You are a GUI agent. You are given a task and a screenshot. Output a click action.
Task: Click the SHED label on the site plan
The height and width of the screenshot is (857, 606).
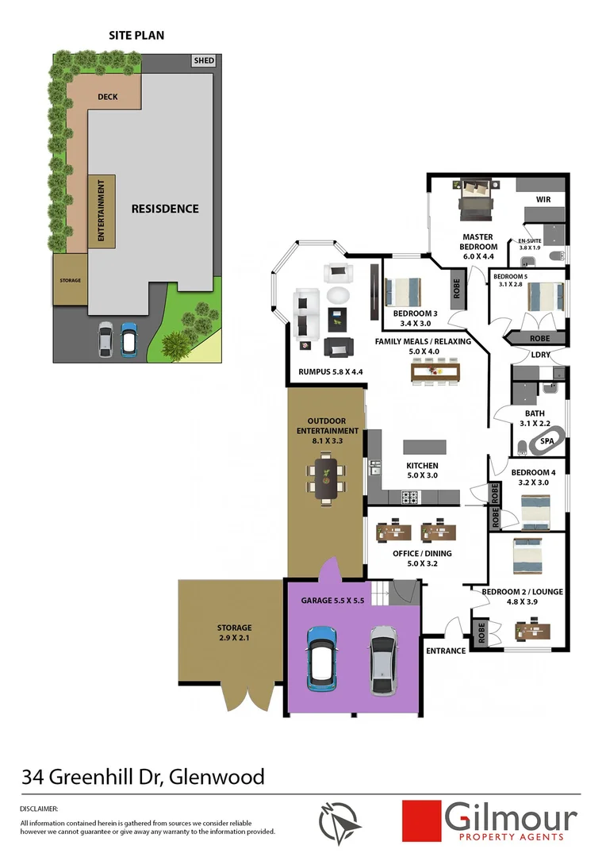pyautogui.click(x=204, y=61)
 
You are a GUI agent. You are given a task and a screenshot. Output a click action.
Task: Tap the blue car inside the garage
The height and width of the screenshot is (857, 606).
pyautogui.click(x=323, y=656)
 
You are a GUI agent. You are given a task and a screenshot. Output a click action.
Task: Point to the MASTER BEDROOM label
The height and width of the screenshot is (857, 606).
pyautogui.click(x=478, y=241)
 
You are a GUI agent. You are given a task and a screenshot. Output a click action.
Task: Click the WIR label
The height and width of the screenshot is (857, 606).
pyautogui.click(x=543, y=199)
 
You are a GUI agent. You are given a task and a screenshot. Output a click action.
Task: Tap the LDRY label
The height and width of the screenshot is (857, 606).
pyautogui.click(x=541, y=355)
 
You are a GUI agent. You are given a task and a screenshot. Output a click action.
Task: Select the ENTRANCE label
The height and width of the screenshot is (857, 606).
pyautogui.click(x=446, y=651)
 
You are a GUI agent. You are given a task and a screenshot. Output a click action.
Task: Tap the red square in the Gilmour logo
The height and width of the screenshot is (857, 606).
pyautogui.click(x=421, y=820)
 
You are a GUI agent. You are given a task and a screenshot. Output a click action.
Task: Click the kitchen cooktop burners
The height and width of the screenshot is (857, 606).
pyautogui.click(x=409, y=498)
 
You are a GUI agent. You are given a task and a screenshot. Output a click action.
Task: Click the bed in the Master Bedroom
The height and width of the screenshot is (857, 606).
pyautogui.click(x=477, y=198)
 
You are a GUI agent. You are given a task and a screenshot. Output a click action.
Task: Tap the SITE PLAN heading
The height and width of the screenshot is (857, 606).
pyautogui.click(x=136, y=35)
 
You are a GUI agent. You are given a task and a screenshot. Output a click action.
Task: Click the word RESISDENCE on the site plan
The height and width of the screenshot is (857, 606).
pyautogui.click(x=165, y=209)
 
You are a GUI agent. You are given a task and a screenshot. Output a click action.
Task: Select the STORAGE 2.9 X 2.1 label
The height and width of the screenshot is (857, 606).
pyautogui.click(x=235, y=632)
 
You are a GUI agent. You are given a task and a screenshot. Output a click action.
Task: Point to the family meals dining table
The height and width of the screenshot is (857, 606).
pyautogui.click(x=435, y=371)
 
